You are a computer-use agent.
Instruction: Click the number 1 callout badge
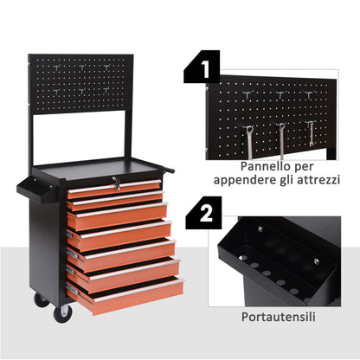[202, 66]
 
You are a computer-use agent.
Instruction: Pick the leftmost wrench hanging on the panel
[249, 138]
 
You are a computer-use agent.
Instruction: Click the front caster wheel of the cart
[62, 313]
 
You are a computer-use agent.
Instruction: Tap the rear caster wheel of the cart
[40, 299]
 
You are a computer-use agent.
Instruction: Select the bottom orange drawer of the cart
[126, 294]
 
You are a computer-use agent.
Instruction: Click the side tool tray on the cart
[28, 189]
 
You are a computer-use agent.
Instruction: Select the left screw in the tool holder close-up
[259, 229]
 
